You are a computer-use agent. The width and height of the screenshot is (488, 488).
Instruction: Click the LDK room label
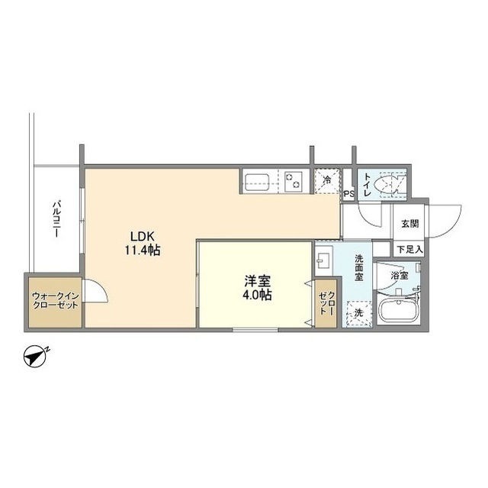click(x=143, y=236)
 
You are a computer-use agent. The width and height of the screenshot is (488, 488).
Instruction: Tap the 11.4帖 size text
click(x=143, y=250)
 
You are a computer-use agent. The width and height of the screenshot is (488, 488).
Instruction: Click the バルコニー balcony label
click(x=56, y=220)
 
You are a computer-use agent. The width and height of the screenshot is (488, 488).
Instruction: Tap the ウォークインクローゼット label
click(x=53, y=300)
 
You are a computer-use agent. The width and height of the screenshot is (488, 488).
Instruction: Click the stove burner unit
click(x=294, y=182)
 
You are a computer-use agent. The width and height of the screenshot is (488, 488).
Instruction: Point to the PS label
click(x=348, y=195)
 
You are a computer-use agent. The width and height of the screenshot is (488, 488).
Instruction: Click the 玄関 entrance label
click(x=409, y=225)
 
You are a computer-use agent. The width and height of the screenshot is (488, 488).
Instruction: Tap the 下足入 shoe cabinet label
click(x=409, y=249)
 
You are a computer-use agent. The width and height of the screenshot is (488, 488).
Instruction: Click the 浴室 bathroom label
click(x=400, y=274)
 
